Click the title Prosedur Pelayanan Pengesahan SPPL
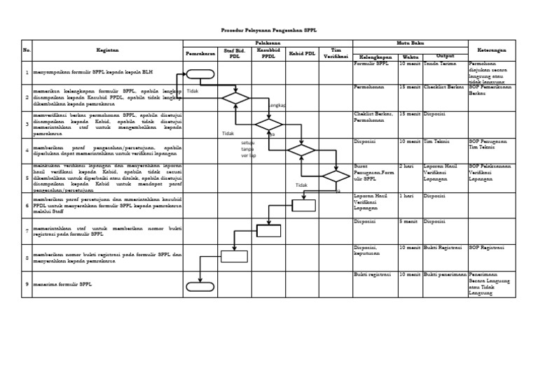pyautogui.click(x=268, y=31)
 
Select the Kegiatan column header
pyautogui.click(x=108, y=50)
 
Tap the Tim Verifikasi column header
pyautogui.click(x=336, y=53)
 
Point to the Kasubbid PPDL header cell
pyautogui.click(x=268, y=53)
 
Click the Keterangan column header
pyautogui.click(x=492, y=50)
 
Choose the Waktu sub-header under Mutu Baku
pyautogui.click(x=411, y=57)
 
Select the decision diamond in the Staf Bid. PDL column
pyautogui.click(x=235, y=98)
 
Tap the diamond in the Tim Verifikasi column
pyautogui.click(x=336, y=176)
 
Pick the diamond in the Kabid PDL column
pyautogui.click(x=301, y=150)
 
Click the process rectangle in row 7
pyautogui.click(x=269, y=231)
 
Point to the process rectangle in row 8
pyautogui.click(x=235, y=256)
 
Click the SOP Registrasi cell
pyautogui.click(x=488, y=248)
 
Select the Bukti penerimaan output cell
pyautogui.click(x=444, y=274)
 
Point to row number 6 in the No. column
pyautogui.click(x=27, y=206)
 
